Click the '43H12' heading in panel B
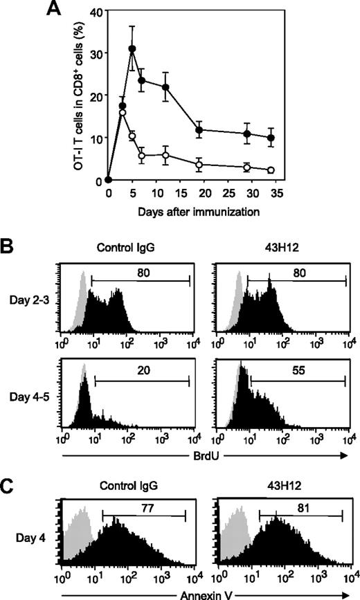tap(280, 244)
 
